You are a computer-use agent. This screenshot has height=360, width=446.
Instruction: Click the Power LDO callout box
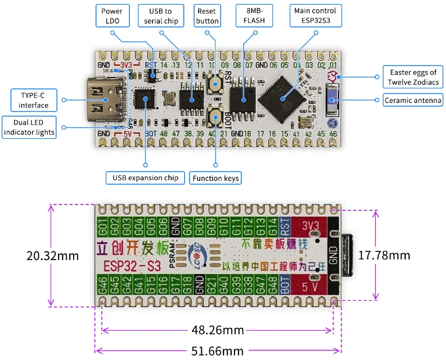[x=111, y=16]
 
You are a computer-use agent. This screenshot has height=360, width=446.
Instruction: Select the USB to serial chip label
[x=160, y=16]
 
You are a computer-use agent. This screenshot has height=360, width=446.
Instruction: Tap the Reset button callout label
[x=207, y=16]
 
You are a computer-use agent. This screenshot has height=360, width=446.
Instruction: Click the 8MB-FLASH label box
[x=255, y=16]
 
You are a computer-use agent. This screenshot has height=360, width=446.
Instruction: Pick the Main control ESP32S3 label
[x=316, y=16]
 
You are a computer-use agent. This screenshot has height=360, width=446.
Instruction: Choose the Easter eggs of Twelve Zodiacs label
[x=413, y=77]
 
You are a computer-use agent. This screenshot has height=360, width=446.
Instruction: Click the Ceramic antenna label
[x=413, y=100]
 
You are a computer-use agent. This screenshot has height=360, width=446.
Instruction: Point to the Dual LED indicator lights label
[x=29, y=127]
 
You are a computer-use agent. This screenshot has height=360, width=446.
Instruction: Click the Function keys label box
[x=216, y=178]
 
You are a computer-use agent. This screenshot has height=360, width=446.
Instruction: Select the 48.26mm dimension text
[x=217, y=330]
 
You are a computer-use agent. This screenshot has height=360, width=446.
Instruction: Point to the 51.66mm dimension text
[x=217, y=350]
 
